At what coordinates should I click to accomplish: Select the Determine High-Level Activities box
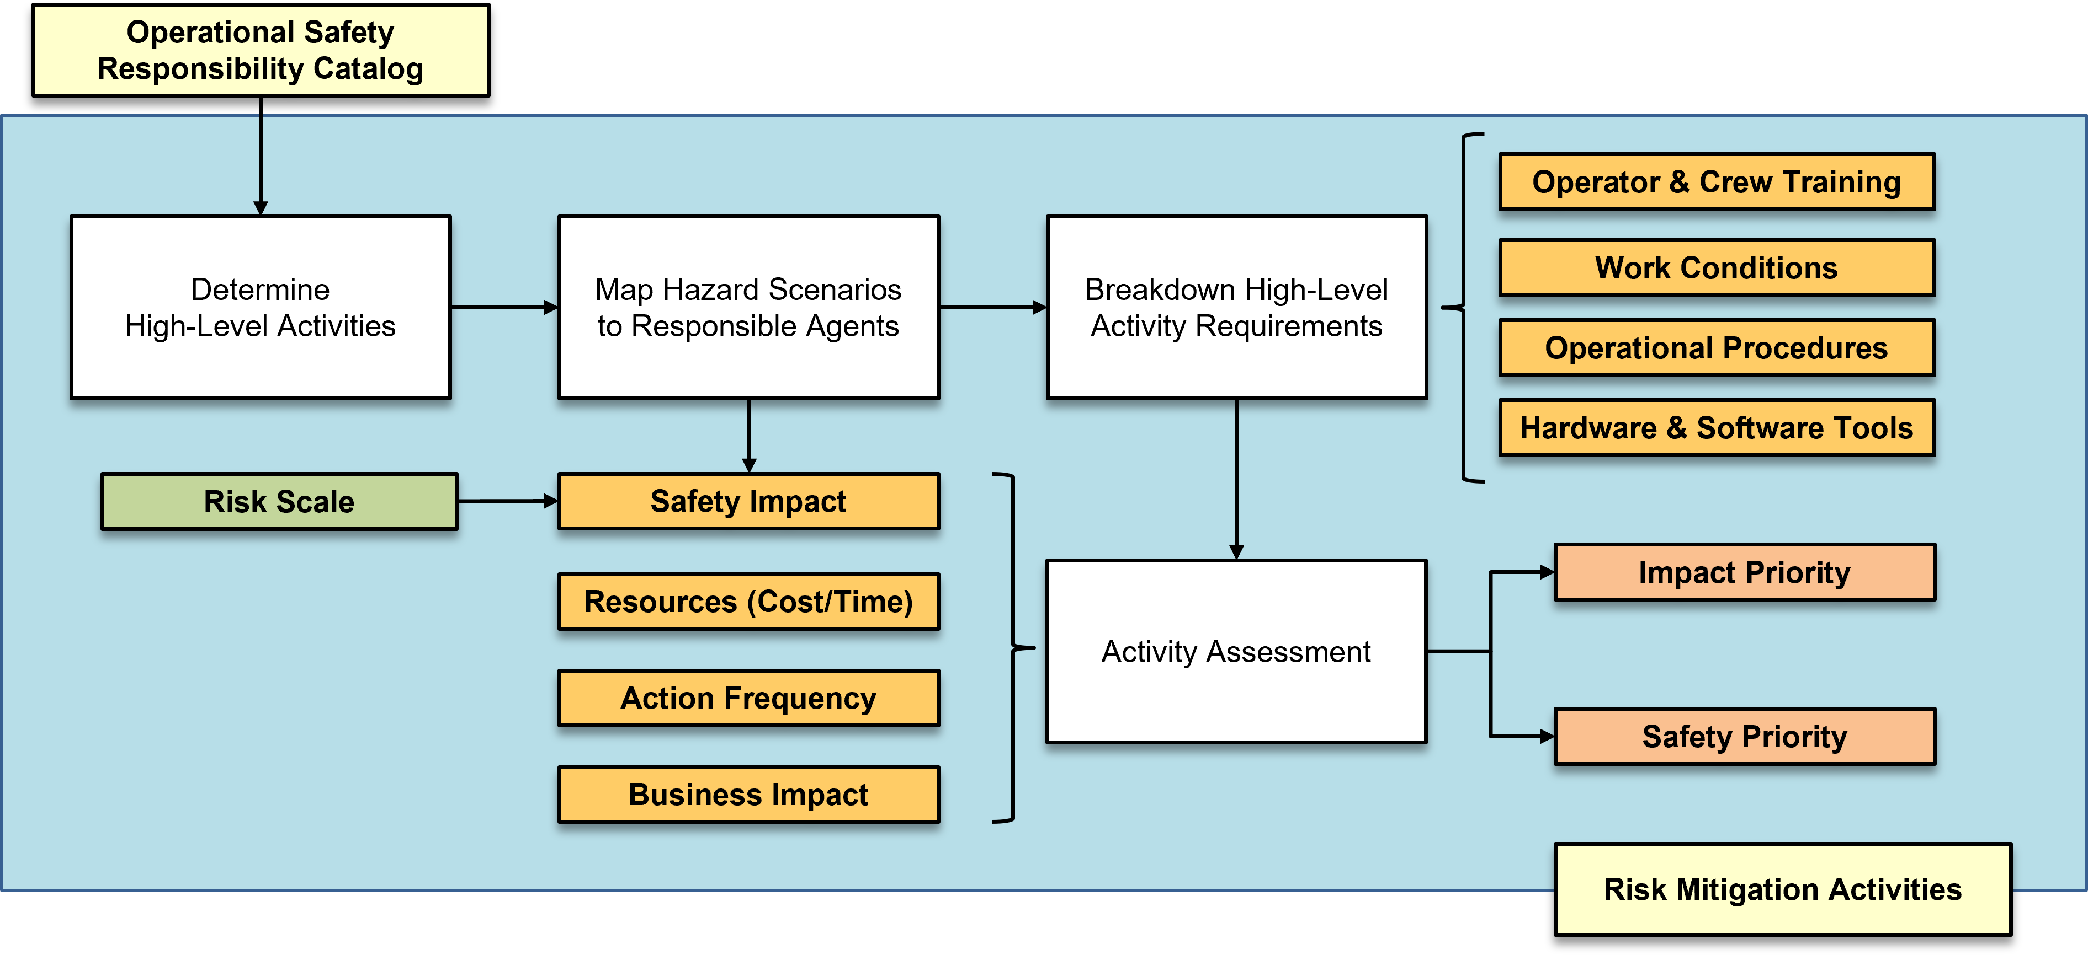pos(260,307)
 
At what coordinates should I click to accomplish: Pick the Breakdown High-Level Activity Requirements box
pos(1236,307)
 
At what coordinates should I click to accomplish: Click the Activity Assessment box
pos(1236,651)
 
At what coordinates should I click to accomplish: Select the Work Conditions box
pos(1717,268)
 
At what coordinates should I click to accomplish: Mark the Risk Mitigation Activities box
pos(1782,889)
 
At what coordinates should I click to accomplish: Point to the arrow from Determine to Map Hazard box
pos(504,307)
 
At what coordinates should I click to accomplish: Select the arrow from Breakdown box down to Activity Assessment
pos(1236,479)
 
